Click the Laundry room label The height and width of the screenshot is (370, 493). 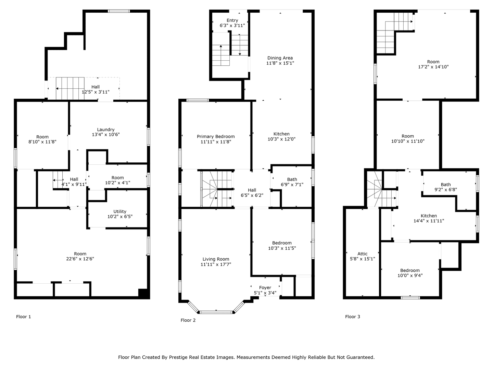[105, 129]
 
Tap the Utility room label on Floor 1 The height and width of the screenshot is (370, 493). [120, 211]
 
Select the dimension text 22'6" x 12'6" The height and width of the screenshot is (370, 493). [80, 259]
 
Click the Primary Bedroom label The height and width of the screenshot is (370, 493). [216, 137]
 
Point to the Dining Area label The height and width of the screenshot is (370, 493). [280, 58]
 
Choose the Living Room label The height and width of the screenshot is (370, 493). [216, 259]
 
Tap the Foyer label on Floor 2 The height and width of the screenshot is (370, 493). [265, 287]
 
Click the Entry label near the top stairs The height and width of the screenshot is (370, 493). [232, 21]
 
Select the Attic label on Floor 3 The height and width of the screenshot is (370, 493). [362, 254]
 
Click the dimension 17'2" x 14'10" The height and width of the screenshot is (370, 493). [433, 67]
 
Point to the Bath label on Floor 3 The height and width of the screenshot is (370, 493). [446, 184]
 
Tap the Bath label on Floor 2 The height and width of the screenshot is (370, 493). [292, 179]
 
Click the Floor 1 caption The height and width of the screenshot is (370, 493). [23, 317]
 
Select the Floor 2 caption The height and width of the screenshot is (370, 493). [188, 320]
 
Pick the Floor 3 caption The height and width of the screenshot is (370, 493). [352, 317]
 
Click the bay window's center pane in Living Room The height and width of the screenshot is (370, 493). [216, 312]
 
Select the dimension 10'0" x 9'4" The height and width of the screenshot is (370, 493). [410, 275]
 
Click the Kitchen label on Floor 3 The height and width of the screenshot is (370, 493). [429, 216]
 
